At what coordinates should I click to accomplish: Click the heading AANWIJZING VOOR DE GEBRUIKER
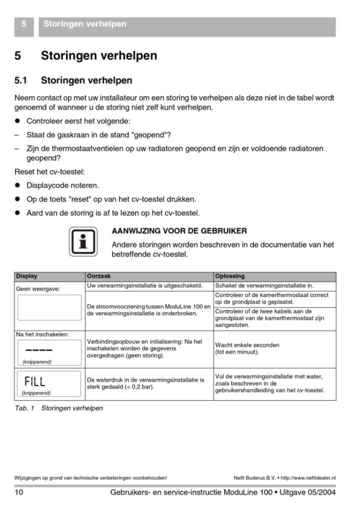(x=179, y=231)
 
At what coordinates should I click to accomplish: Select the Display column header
(x=26, y=276)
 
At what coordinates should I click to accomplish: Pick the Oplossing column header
(x=229, y=276)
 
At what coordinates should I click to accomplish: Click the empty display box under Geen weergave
(x=48, y=307)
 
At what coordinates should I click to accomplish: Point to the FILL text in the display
(x=35, y=381)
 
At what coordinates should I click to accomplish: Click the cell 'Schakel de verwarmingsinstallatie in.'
(x=264, y=285)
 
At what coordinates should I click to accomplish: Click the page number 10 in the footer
(x=19, y=493)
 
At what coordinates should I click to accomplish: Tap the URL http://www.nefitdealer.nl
(x=309, y=478)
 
